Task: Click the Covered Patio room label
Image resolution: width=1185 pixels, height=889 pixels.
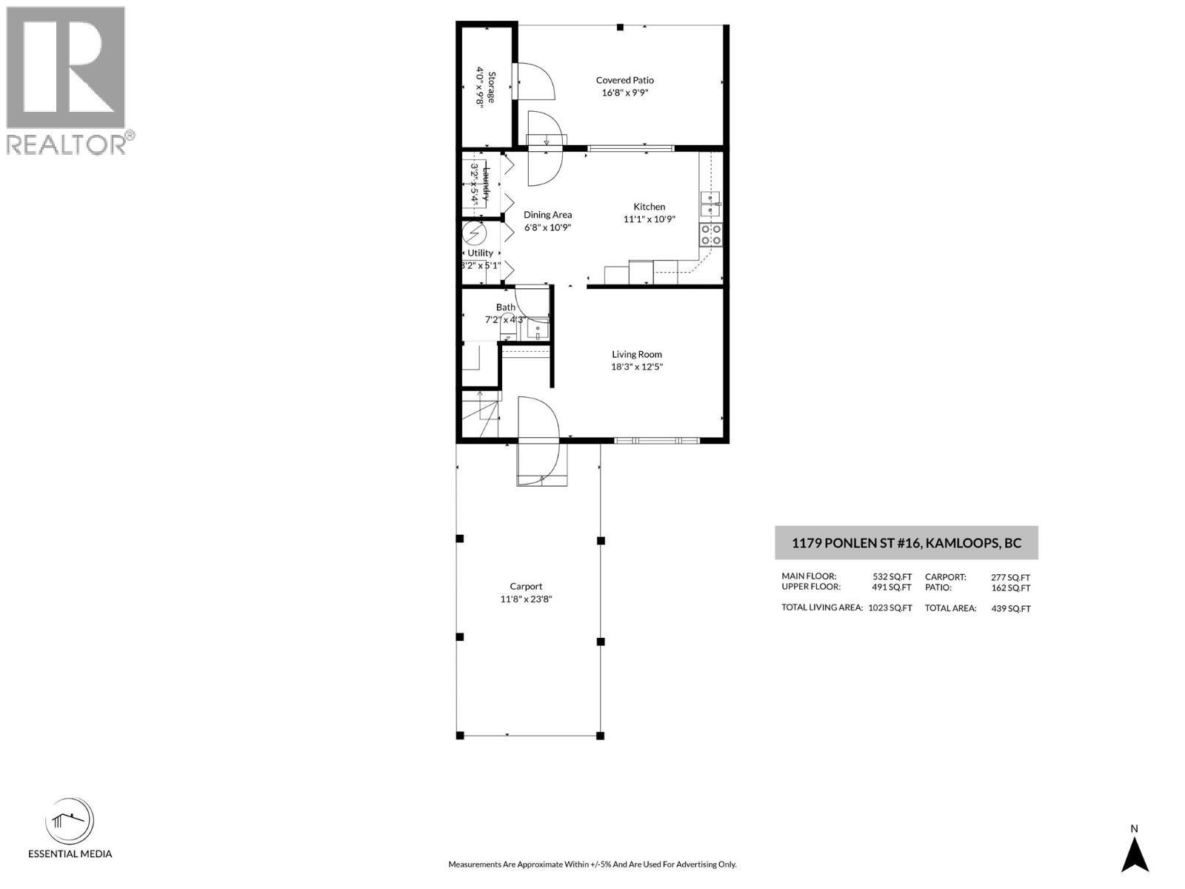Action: tap(625, 80)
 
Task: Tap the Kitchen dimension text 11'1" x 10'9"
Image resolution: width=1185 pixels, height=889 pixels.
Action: tap(649, 219)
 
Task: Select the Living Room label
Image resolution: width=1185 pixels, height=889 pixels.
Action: tap(636, 354)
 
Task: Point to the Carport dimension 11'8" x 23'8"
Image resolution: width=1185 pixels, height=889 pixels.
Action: tap(526, 599)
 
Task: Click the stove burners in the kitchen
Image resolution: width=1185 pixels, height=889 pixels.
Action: tap(711, 234)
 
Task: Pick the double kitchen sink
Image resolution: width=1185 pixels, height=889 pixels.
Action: tap(711, 204)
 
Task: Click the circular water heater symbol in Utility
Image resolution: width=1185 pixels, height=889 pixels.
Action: tap(473, 235)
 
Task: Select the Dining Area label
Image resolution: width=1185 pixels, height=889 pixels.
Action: tap(547, 215)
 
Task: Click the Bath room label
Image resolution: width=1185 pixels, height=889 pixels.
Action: tap(506, 307)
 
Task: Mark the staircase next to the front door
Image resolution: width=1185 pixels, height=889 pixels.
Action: tap(479, 416)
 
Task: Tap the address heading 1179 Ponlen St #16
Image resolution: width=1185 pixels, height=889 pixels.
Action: tap(906, 543)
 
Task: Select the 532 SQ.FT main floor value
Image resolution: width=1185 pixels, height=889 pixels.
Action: tap(892, 576)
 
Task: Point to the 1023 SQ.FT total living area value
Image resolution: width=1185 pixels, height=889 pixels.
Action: tap(889, 607)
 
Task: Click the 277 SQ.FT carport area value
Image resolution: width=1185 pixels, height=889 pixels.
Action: tap(1010, 577)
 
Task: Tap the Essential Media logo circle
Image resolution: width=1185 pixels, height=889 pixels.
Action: tap(70, 821)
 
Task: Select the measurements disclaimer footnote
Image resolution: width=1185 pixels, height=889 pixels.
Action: tap(592, 864)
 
